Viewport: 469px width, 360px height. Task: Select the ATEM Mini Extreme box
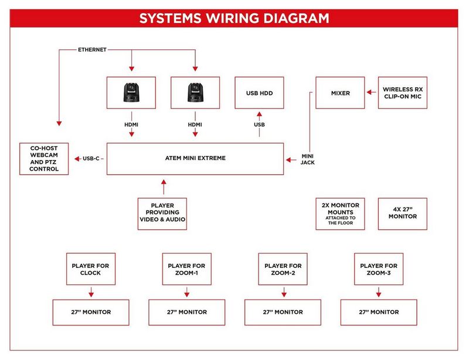[195, 158]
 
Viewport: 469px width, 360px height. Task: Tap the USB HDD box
[259, 93]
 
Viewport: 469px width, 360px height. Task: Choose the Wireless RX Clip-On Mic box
[403, 93]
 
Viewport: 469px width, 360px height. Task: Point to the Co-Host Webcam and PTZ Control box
[43, 158]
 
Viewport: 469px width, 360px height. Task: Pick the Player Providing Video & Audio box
[162, 214]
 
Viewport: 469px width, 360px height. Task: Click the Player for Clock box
[91, 269]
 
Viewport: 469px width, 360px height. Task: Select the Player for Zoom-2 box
[283, 269]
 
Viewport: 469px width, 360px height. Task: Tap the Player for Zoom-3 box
[379, 269]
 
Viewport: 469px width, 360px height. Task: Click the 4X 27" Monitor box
[403, 213]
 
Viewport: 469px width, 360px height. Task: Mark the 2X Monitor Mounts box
[341, 213]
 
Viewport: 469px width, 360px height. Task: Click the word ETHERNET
[93, 50]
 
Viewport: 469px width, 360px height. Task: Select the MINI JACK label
[308, 158]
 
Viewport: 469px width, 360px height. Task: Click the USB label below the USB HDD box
[259, 125]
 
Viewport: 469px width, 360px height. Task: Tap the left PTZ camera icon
[131, 93]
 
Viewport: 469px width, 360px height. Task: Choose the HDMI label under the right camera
[195, 125]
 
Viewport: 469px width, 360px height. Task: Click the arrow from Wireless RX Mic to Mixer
[369, 93]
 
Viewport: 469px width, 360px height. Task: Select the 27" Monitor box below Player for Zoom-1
[186, 312]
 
